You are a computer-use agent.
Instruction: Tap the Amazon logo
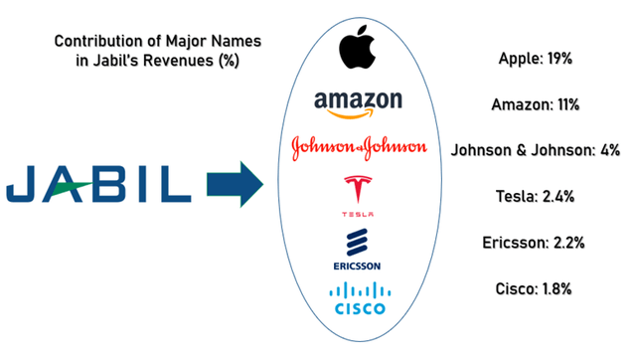tap(358, 102)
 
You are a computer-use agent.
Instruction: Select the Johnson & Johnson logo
tap(359, 148)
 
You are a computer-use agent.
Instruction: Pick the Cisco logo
tap(358, 298)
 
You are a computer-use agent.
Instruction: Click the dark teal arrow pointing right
tap(232, 184)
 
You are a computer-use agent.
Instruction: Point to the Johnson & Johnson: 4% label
tap(536, 150)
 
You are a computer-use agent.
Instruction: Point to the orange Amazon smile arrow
tap(361, 114)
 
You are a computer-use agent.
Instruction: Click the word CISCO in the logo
tap(358, 309)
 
